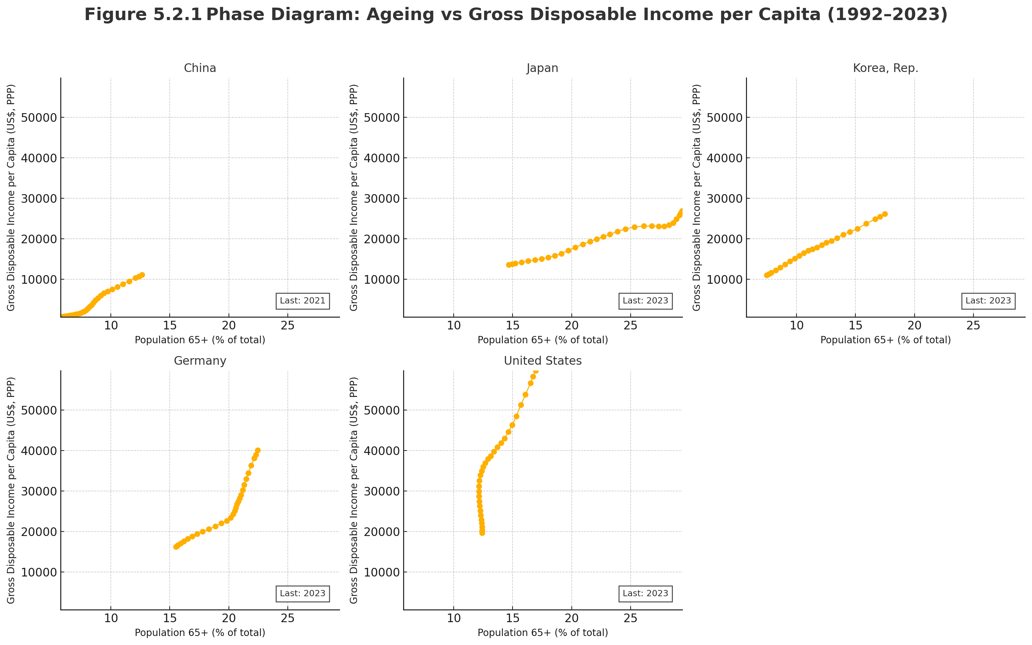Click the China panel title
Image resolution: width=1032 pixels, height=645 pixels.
[x=200, y=68]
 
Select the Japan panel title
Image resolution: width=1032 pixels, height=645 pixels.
[x=542, y=68]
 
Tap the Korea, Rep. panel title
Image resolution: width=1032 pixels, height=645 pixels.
[x=885, y=68]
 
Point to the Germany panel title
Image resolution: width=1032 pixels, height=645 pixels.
[x=200, y=361]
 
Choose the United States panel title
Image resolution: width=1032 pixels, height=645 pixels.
[x=542, y=361]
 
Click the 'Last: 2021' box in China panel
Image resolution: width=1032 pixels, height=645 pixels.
[x=302, y=301]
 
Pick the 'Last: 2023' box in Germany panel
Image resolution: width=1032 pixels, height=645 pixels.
[x=302, y=593]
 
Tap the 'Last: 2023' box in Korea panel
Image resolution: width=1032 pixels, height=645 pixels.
[x=988, y=301]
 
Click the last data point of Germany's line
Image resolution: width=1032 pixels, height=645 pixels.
[x=258, y=451]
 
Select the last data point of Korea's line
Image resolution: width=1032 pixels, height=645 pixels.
[x=885, y=214]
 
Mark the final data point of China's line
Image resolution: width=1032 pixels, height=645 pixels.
[x=142, y=275]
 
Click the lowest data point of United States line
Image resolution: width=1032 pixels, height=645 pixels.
[x=482, y=533]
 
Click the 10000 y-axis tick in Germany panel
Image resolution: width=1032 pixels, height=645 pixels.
[x=39, y=572]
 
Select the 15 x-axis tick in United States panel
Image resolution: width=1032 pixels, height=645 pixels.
[x=513, y=618]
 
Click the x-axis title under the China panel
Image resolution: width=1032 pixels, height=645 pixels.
[x=200, y=340]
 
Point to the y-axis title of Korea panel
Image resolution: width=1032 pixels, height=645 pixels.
[x=696, y=198]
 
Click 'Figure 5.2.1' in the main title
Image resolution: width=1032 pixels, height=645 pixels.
[x=143, y=15]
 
